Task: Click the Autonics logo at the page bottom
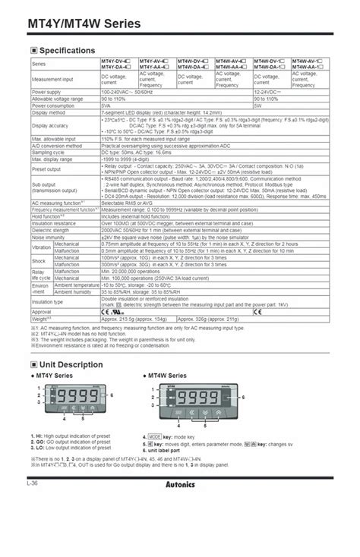180,483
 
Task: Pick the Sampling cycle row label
48,153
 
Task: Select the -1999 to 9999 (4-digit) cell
132,159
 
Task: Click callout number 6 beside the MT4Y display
112,395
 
